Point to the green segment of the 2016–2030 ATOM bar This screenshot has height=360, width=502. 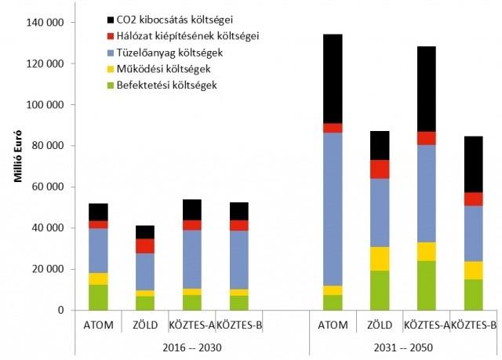tap(99, 296)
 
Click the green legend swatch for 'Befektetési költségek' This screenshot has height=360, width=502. tap(111, 84)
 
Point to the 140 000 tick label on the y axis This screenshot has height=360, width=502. tap(46, 23)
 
